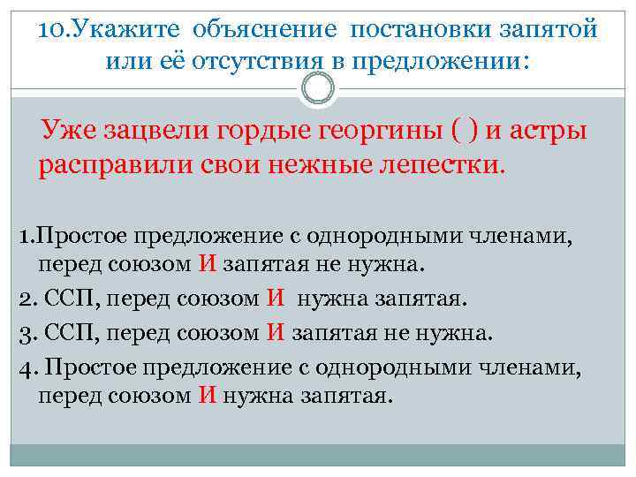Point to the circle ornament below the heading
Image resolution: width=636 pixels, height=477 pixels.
coord(317,89)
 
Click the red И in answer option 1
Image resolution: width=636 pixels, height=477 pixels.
coord(208,263)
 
